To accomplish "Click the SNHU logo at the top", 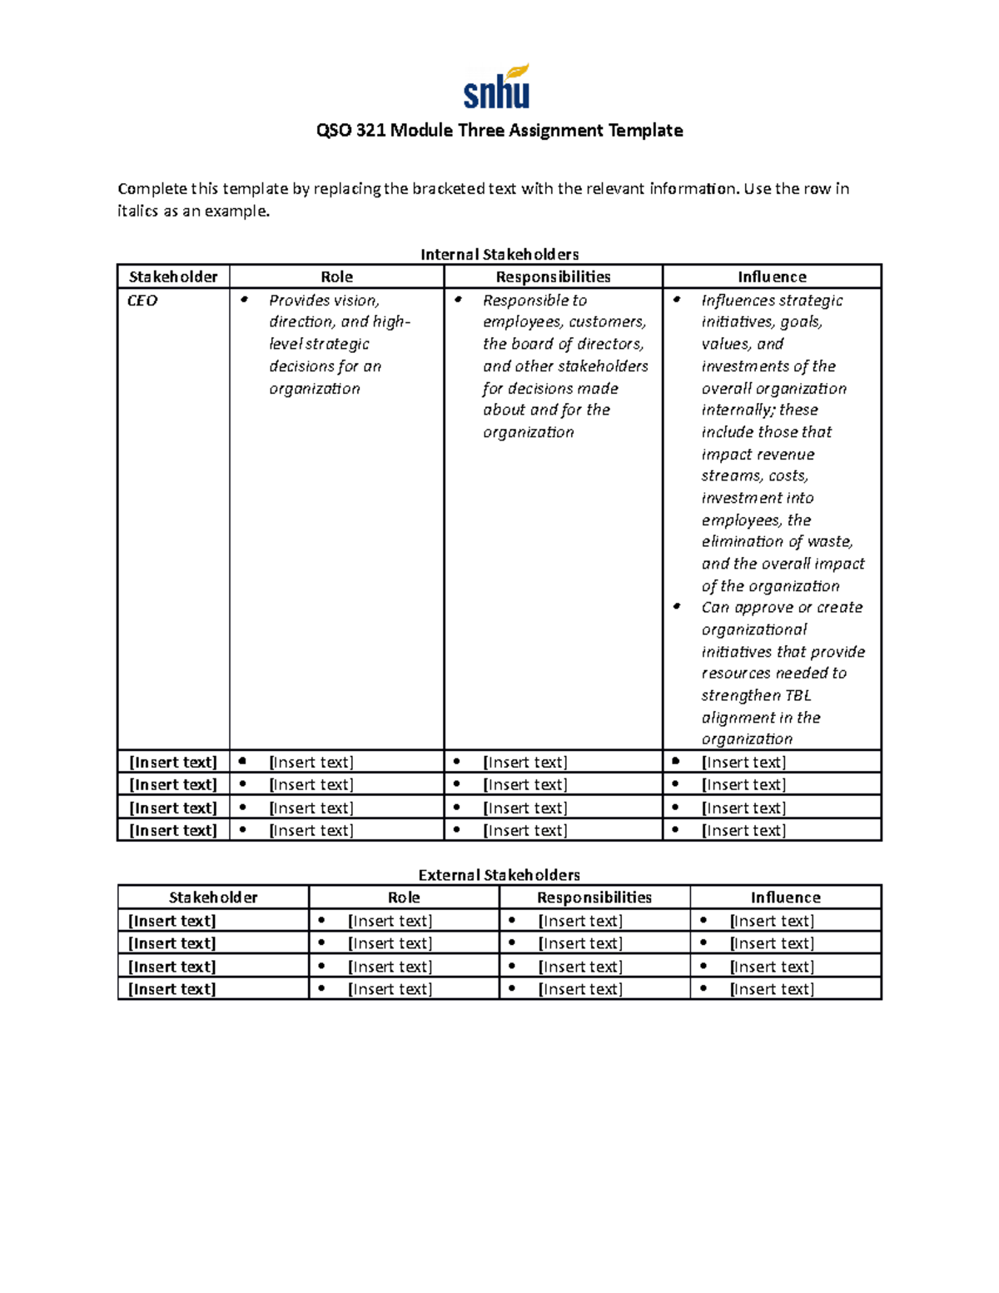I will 497,87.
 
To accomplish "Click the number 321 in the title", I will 370,131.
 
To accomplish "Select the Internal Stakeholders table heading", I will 499,254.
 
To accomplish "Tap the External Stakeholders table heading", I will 499,875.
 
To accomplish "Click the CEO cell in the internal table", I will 142,301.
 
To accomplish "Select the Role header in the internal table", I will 336,276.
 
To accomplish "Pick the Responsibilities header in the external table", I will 594,898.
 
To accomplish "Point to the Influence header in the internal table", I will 772,276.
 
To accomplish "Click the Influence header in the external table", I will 785,898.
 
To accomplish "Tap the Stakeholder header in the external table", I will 213,898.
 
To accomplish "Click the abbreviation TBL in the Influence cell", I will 797,695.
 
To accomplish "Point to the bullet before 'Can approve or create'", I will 678,607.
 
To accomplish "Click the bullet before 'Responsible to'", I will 458,300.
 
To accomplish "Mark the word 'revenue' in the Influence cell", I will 788,455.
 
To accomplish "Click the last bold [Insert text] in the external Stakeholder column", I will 172,989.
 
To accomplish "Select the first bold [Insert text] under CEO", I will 173,762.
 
